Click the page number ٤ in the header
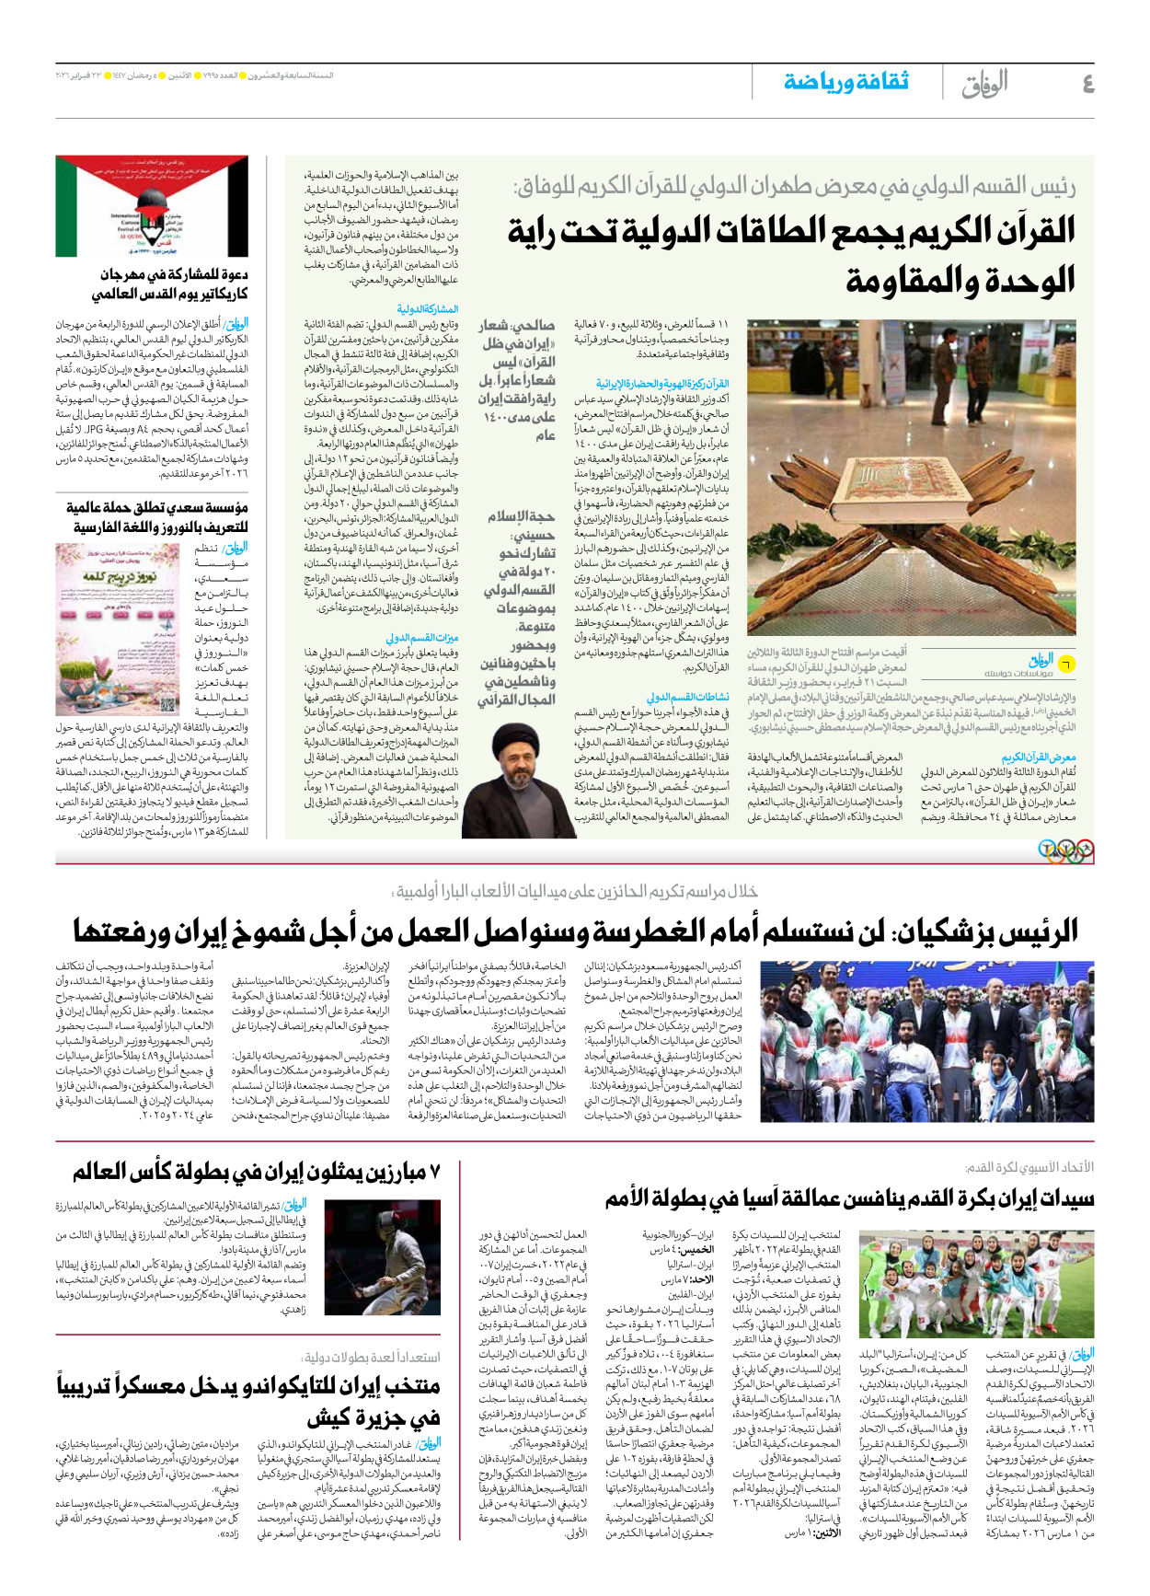(x=1087, y=83)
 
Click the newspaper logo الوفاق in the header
(x=984, y=83)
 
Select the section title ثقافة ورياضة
(x=846, y=82)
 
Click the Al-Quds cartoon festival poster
(x=152, y=206)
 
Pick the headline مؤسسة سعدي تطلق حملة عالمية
(x=156, y=517)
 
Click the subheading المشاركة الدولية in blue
(x=427, y=309)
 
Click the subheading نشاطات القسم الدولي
(x=687, y=697)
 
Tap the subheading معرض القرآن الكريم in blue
(x=1039, y=758)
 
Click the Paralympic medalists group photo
(x=927, y=1041)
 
